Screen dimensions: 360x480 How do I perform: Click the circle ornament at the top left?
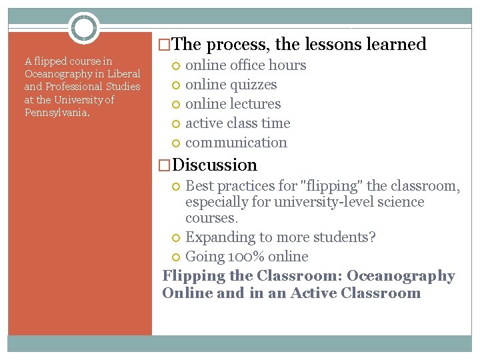point(83,28)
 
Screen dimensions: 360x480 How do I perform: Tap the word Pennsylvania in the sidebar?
point(56,112)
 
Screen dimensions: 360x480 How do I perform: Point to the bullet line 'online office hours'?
point(245,65)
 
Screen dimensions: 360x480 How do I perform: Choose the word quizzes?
point(253,85)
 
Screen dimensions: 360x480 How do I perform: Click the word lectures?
point(255,104)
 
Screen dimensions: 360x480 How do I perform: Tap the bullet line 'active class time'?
point(237,123)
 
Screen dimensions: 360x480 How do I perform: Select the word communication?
point(236,143)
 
